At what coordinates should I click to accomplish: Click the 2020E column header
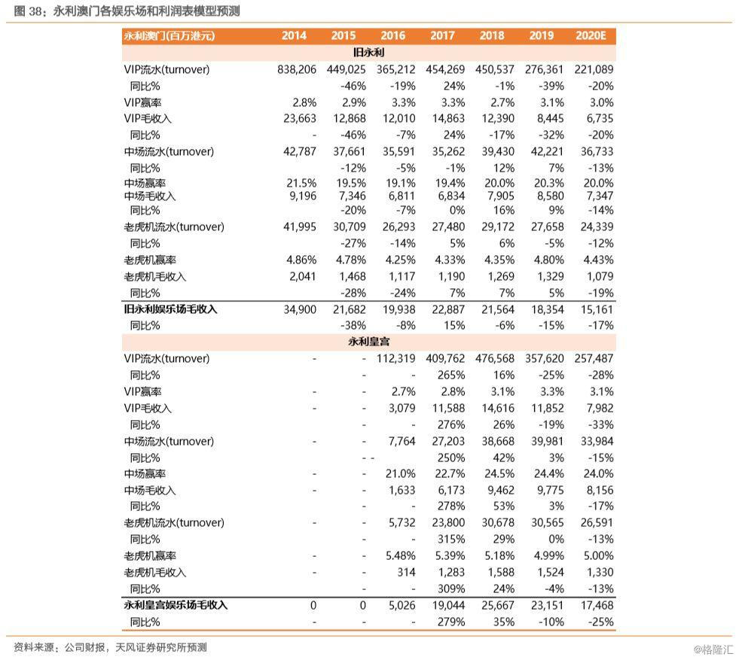coord(594,35)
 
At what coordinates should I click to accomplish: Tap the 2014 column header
coord(294,35)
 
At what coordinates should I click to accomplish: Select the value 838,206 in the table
coord(297,69)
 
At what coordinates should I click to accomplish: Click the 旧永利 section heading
coord(368,53)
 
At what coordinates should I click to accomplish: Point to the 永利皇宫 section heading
coord(368,342)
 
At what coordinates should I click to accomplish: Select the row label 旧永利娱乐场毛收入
coord(176,309)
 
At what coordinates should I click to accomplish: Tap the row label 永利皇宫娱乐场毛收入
coord(176,605)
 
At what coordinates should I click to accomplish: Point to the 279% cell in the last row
coord(450,622)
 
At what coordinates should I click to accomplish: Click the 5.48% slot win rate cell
coord(400,555)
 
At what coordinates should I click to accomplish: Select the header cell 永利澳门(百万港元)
coord(169,35)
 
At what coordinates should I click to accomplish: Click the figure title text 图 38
coord(27,11)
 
